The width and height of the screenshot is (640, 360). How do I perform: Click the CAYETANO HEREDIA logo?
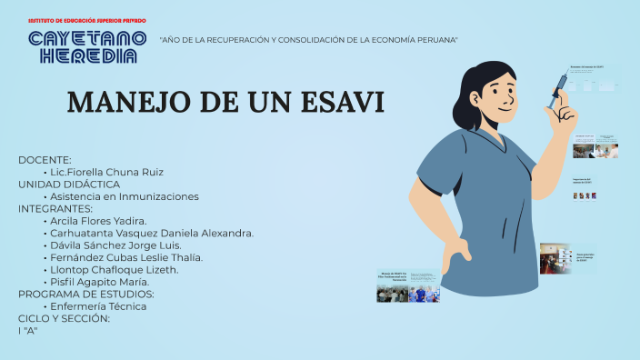click(x=87, y=46)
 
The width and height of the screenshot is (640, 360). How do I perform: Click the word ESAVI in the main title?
click(x=335, y=103)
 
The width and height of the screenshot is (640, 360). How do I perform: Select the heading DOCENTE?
click(x=45, y=160)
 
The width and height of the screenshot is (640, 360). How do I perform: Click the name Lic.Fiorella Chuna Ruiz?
click(x=106, y=172)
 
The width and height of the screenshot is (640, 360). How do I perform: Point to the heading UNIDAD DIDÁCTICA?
click(x=69, y=184)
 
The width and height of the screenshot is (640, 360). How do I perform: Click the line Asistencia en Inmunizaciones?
click(x=124, y=196)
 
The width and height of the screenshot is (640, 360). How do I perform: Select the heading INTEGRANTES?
click(x=55, y=208)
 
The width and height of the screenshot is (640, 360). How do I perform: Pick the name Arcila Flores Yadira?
click(x=98, y=221)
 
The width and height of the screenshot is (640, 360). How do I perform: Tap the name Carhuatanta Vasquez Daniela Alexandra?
click(x=151, y=233)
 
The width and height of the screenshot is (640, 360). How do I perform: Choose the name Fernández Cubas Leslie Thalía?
click(x=126, y=257)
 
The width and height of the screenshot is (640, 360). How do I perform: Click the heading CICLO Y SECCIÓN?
click(x=64, y=318)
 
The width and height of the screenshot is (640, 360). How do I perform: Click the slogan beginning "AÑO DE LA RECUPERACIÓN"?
click(x=308, y=40)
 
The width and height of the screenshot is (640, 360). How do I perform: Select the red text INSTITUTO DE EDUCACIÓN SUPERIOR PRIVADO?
click(x=87, y=19)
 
